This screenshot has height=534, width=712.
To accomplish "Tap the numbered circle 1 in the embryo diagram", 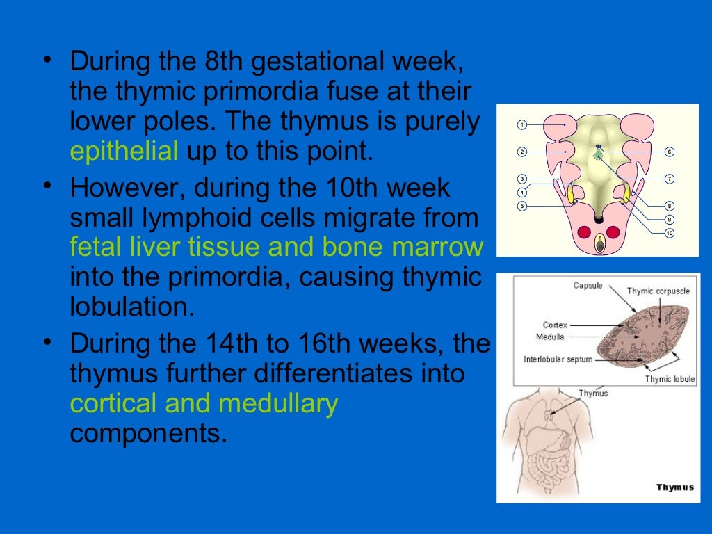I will point(521,125).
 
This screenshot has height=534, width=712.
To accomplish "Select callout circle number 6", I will point(669,152).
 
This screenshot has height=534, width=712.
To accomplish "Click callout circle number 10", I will point(669,233).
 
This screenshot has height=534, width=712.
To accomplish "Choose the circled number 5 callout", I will point(521,206).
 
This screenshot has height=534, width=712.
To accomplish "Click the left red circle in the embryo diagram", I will point(583,232).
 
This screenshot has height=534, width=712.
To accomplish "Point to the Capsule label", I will point(588,285).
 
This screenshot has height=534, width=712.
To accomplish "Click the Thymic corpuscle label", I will point(658,291).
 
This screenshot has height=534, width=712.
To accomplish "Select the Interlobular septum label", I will point(558,359).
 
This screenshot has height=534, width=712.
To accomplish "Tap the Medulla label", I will point(550,337).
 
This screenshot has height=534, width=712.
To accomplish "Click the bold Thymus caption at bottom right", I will point(674,487).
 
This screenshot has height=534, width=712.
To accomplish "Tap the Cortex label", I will point(555,325).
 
